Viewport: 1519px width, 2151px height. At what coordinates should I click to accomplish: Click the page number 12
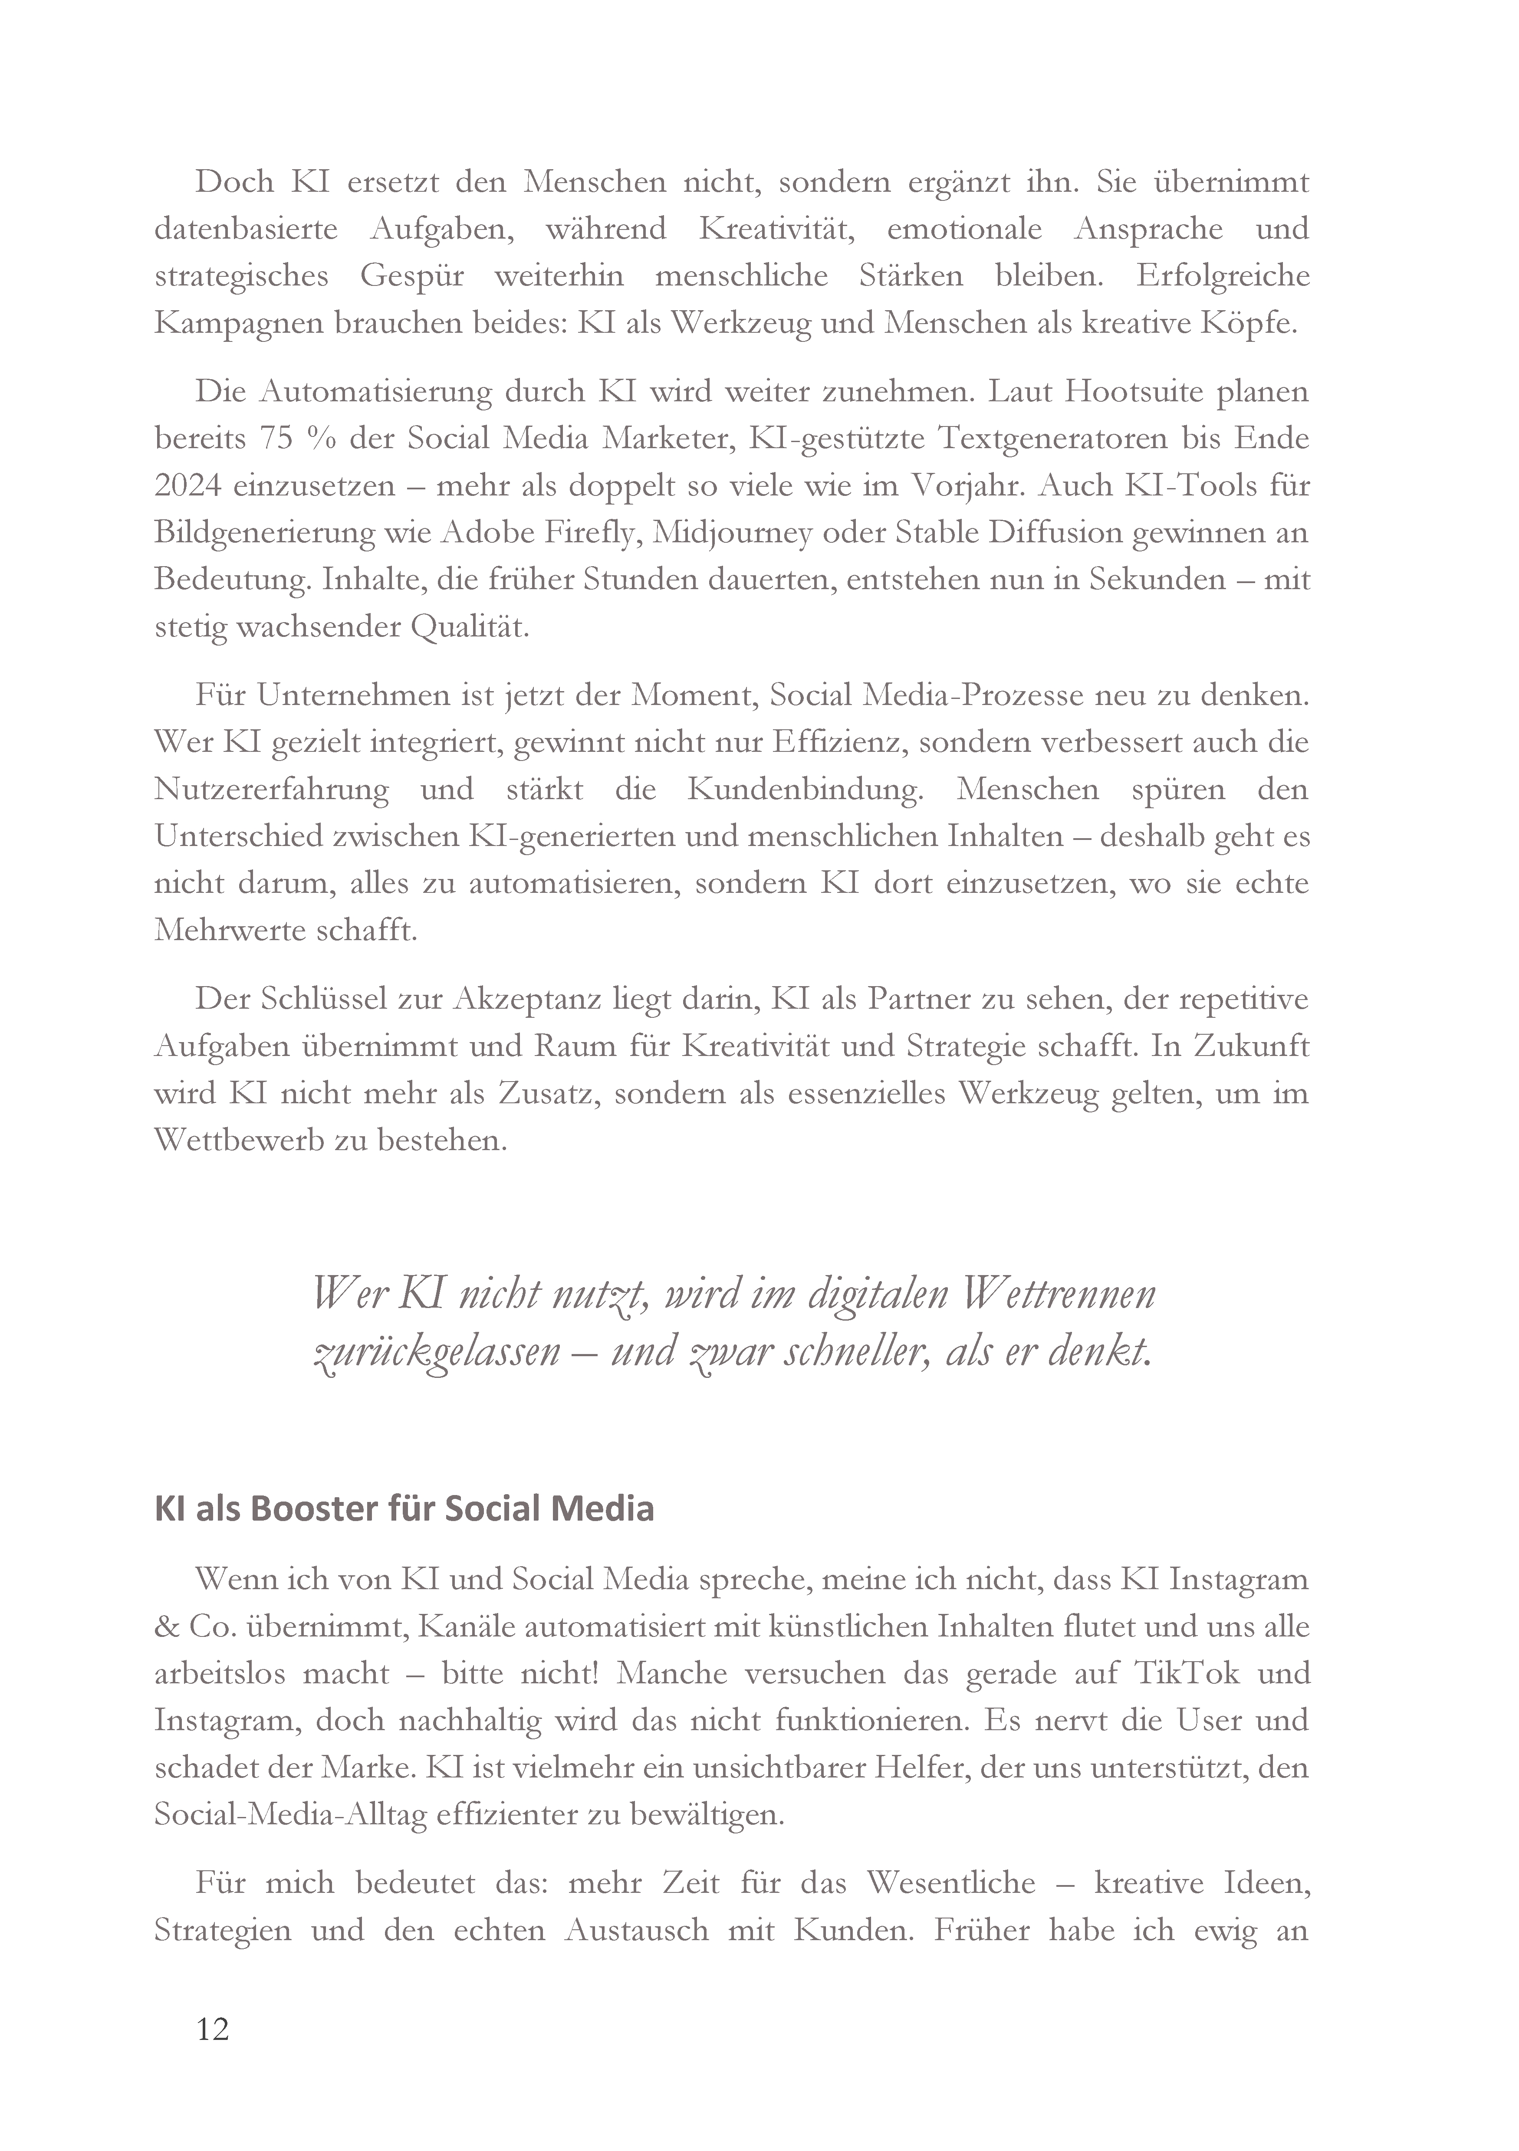pos(213,2029)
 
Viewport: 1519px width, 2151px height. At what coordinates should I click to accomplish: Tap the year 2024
pos(186,485)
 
